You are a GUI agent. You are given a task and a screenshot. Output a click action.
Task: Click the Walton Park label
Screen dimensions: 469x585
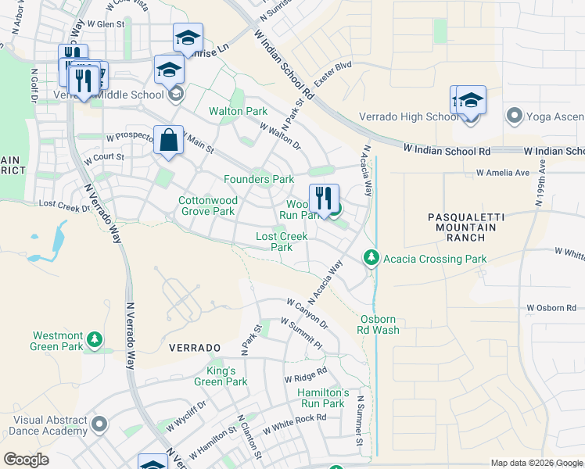[238, 112]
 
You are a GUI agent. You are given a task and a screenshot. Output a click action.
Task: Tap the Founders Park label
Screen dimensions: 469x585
[258, 179]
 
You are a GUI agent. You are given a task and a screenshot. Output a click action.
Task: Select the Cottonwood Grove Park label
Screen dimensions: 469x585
[207, 206]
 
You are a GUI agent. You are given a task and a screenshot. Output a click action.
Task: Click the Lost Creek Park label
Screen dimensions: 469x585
[282, 242]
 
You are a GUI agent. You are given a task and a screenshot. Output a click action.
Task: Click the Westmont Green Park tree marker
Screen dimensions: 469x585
[94, 339]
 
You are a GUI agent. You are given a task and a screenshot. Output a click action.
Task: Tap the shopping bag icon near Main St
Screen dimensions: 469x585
[168, 141]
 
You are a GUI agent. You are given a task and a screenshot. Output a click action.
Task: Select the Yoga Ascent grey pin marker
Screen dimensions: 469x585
[514, 116]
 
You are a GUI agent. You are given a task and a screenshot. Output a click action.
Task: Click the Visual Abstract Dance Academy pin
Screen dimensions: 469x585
[99, 424]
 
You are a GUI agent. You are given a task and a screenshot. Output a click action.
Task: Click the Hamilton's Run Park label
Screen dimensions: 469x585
[321, 398]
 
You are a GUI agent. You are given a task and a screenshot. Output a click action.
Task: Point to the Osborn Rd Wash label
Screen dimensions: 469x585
[379, 324]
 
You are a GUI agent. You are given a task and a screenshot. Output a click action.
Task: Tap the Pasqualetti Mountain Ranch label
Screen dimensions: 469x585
[462, 227]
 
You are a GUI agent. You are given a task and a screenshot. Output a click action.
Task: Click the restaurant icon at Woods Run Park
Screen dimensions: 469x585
[324, 199]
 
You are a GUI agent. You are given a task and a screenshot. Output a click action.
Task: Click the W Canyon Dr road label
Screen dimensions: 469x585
[307, 313]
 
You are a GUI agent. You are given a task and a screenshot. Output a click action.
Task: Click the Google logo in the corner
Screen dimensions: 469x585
[26, 459]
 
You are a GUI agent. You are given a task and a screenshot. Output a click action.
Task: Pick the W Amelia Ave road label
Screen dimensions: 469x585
[503, 173]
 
